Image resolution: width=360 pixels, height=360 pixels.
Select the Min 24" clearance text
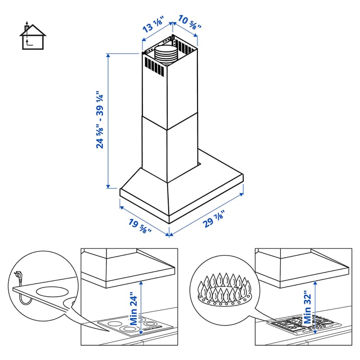click(134, 307)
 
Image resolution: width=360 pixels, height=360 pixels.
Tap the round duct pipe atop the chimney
click(165, 52)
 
